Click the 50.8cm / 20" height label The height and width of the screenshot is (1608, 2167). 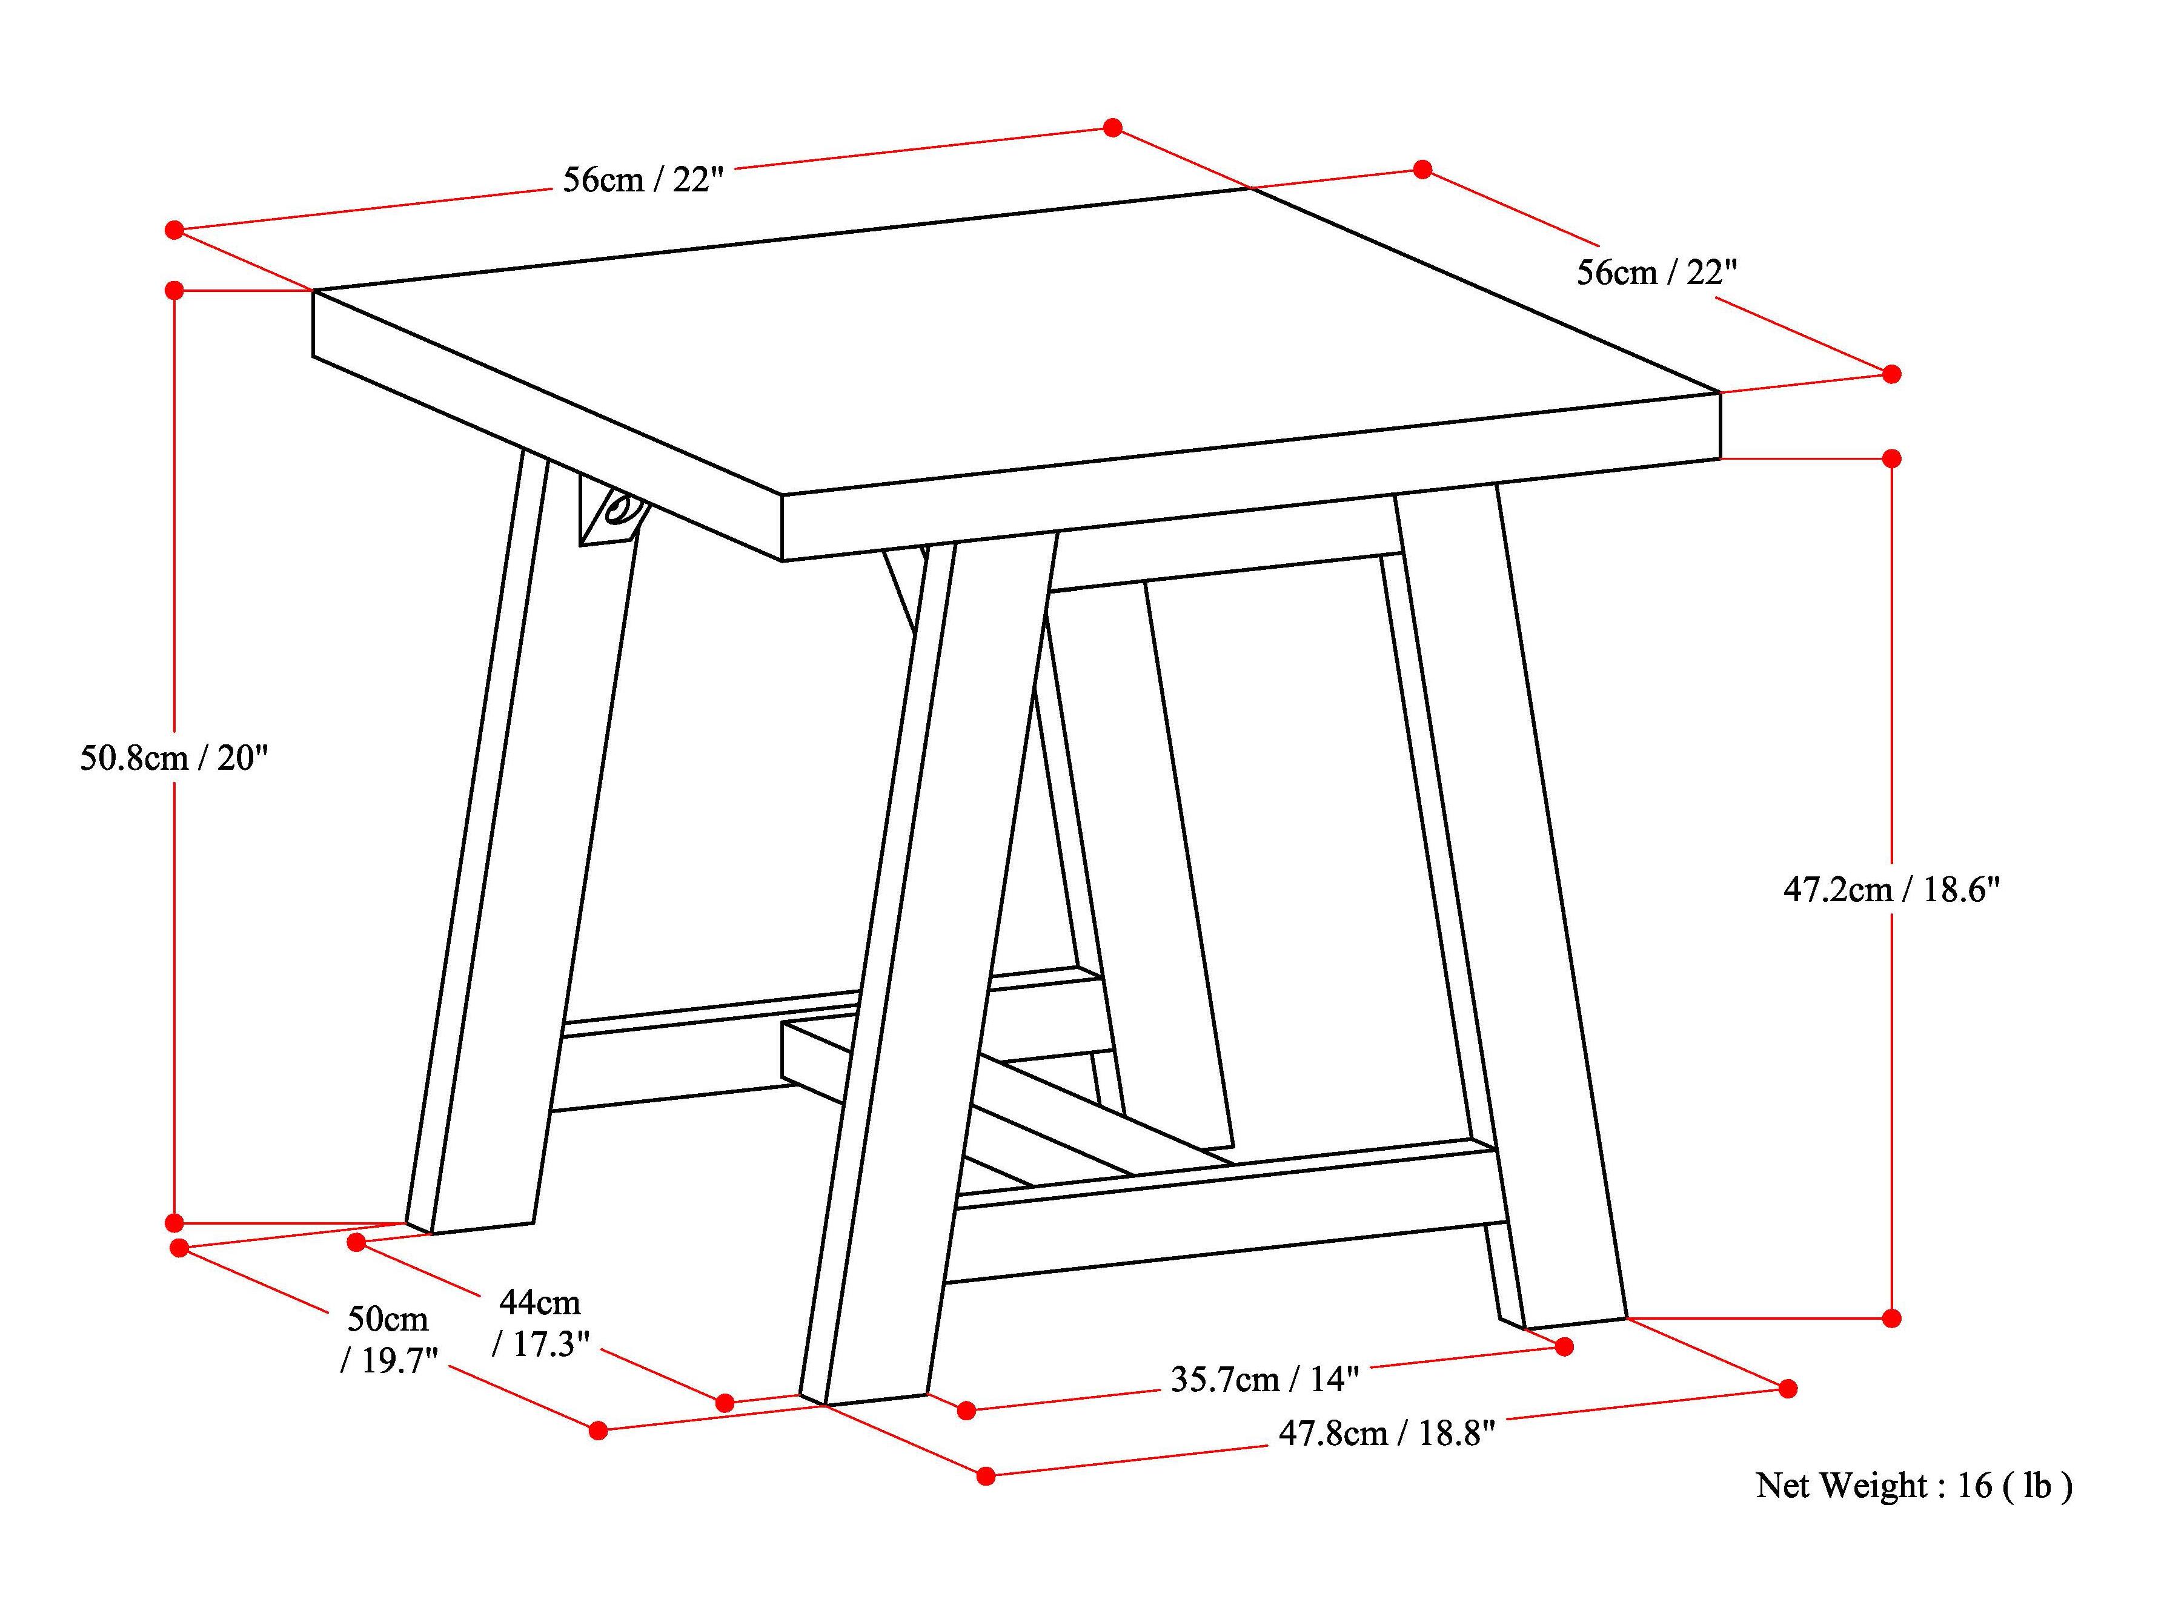[173, 757]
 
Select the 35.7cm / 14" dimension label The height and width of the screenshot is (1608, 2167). [1264, 1379]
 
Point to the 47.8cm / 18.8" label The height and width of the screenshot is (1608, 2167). [1385, 1433]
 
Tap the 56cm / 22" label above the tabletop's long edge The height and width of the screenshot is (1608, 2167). [643, 180]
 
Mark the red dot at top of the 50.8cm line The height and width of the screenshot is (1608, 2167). [174, 290]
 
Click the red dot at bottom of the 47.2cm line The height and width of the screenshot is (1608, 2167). [1891, 1318]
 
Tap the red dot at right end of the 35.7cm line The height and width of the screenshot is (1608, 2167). [1564, 1346]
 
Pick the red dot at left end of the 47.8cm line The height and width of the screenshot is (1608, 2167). [986, 1475]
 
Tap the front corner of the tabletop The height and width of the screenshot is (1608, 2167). [783, 497]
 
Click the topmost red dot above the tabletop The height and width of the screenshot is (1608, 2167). [1113, 128]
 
